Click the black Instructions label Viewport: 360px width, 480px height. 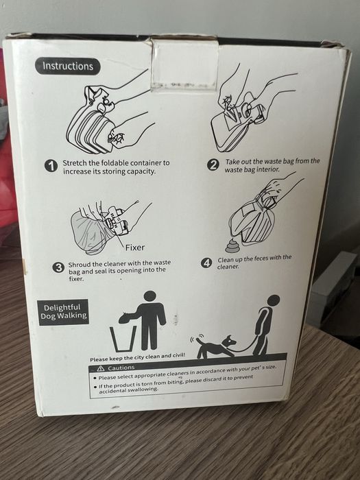(x=68, y=66)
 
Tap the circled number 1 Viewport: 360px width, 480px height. (x=51, y=165)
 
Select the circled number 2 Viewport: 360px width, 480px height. (x=213, y=165)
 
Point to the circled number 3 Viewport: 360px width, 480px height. (x=58, y=267)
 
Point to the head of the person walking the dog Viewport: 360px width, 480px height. (x=274, y=300)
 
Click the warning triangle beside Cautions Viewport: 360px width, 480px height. (x=101, y=368)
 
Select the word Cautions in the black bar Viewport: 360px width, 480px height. (x=121, y=368)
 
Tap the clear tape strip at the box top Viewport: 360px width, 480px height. (x=184, y=66)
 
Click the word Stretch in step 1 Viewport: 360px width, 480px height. (x=74, y=163)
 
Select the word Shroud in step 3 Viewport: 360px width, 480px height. (x=82, y=263)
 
